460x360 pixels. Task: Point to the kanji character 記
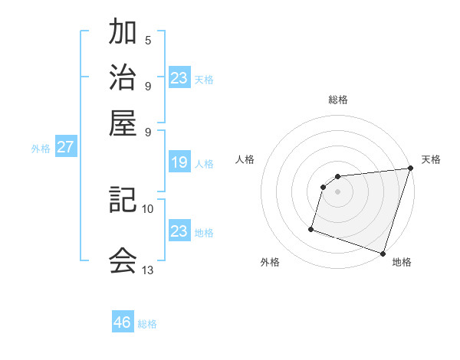pos(123,201)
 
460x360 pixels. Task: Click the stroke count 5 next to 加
pos(148,41)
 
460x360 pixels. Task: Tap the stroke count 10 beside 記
pos(148,208)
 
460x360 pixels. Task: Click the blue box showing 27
pos(65,147)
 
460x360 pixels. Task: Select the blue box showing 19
pos(179,162)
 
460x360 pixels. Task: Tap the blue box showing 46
pos(123,322)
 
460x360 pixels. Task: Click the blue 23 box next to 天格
pos(179,78)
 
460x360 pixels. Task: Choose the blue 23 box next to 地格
pos(179,231)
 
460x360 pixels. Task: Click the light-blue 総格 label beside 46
pos(147,324)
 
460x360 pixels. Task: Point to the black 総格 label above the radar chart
pos(338,100)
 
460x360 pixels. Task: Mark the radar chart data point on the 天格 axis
pos(409,169)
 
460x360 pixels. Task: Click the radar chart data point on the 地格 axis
pos(383,253)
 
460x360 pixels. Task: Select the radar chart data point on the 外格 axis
pos(311,228)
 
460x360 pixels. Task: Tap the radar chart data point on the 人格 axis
pos(324,186)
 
